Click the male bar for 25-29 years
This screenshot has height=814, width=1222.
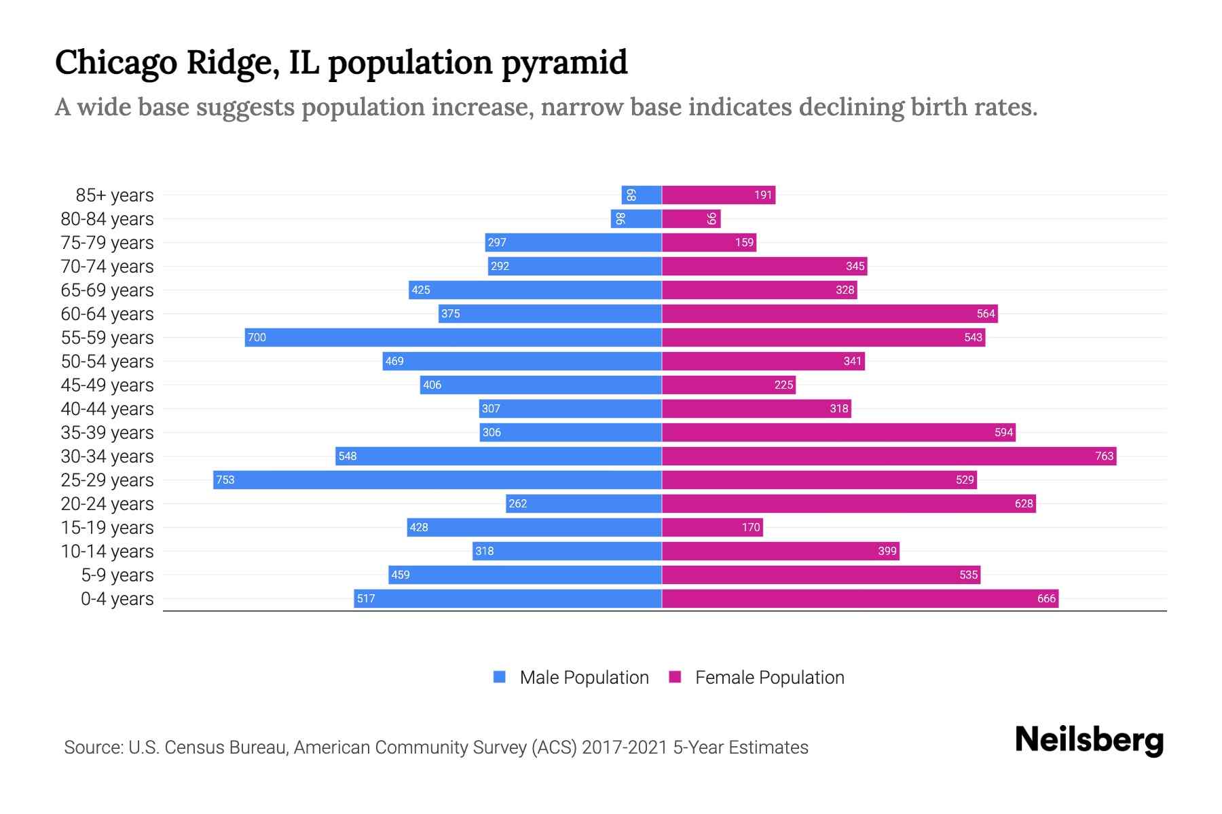point(437,480)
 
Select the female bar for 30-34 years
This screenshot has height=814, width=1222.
point(889,456)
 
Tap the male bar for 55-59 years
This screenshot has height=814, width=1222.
point(453,337)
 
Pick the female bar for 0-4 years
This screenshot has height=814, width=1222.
point(859,598)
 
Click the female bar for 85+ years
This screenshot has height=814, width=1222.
point(718,195)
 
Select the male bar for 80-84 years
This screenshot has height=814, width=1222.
point(636,218)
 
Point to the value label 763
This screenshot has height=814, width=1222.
point(1104,456)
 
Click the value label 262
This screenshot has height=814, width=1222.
point(517,503)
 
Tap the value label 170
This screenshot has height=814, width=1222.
point(750,527)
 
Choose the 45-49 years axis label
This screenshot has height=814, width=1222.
point(107,385)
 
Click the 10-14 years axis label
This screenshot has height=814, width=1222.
point(107,551)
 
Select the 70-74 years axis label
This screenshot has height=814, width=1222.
point(107,266)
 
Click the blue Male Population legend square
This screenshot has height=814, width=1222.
point(500,677)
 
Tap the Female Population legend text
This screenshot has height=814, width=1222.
point(769,677)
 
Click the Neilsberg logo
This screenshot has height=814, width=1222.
point(1089,739)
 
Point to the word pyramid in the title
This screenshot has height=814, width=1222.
point(564,62)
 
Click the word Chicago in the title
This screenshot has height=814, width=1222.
point(115,62)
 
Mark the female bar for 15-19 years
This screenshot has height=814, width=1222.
point(712,527)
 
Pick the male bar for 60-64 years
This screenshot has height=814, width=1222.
point(550,313)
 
